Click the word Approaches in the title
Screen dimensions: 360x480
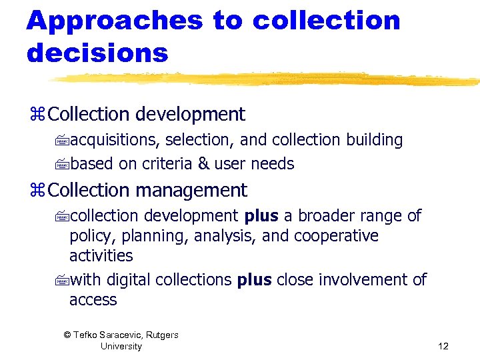tap(114, 21)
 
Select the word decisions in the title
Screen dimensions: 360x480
tap(97, 53)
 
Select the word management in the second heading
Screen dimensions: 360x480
tap(191, 191)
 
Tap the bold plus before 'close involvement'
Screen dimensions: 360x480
tap(254, 280)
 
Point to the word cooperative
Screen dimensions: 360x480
tap(336, 236)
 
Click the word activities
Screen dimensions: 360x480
tap(101, 256)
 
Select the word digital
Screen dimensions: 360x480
tap(129, 280)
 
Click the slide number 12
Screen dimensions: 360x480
tap(444, 346)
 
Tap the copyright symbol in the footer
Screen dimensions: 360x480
tap(67, 335)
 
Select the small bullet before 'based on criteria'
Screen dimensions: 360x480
tap(63, 165)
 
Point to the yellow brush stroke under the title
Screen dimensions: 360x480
tap(267, 79)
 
